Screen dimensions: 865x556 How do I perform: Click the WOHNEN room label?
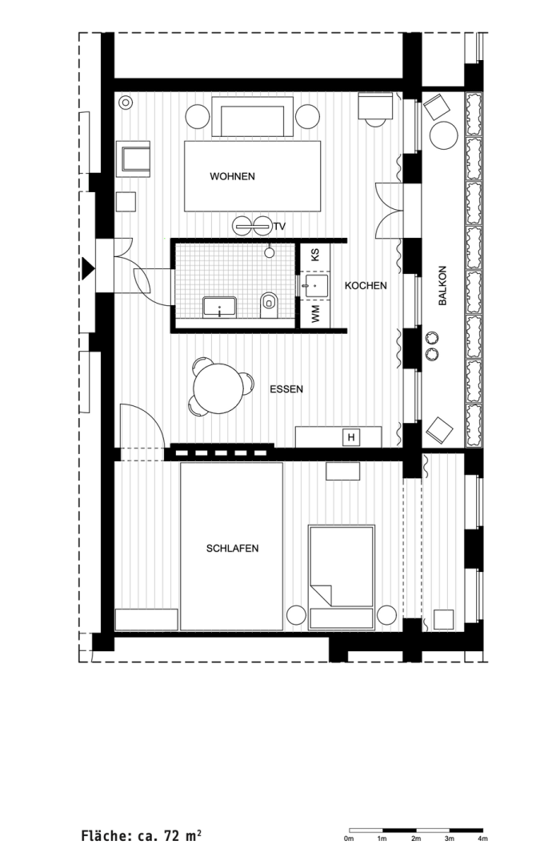coord(232,176)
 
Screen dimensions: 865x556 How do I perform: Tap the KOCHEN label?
coord(366,285)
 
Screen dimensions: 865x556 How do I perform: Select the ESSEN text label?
coord(286,390)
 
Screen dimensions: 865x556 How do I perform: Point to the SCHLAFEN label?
coord(232,549)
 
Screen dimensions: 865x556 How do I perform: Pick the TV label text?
coord(279,227)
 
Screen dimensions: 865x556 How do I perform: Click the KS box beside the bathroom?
coord(315,255)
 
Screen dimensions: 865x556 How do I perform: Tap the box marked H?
coord(350,437)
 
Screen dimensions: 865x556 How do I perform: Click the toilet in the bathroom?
coord(269,302)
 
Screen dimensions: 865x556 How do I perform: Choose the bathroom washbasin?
coord(218,306)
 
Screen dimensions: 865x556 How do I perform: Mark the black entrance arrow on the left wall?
coord(86,267)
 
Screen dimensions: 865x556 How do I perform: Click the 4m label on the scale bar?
coord(482,839)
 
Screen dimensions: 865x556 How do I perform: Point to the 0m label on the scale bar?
coord(349,839)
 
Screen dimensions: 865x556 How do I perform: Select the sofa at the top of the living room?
coord(251,119)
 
